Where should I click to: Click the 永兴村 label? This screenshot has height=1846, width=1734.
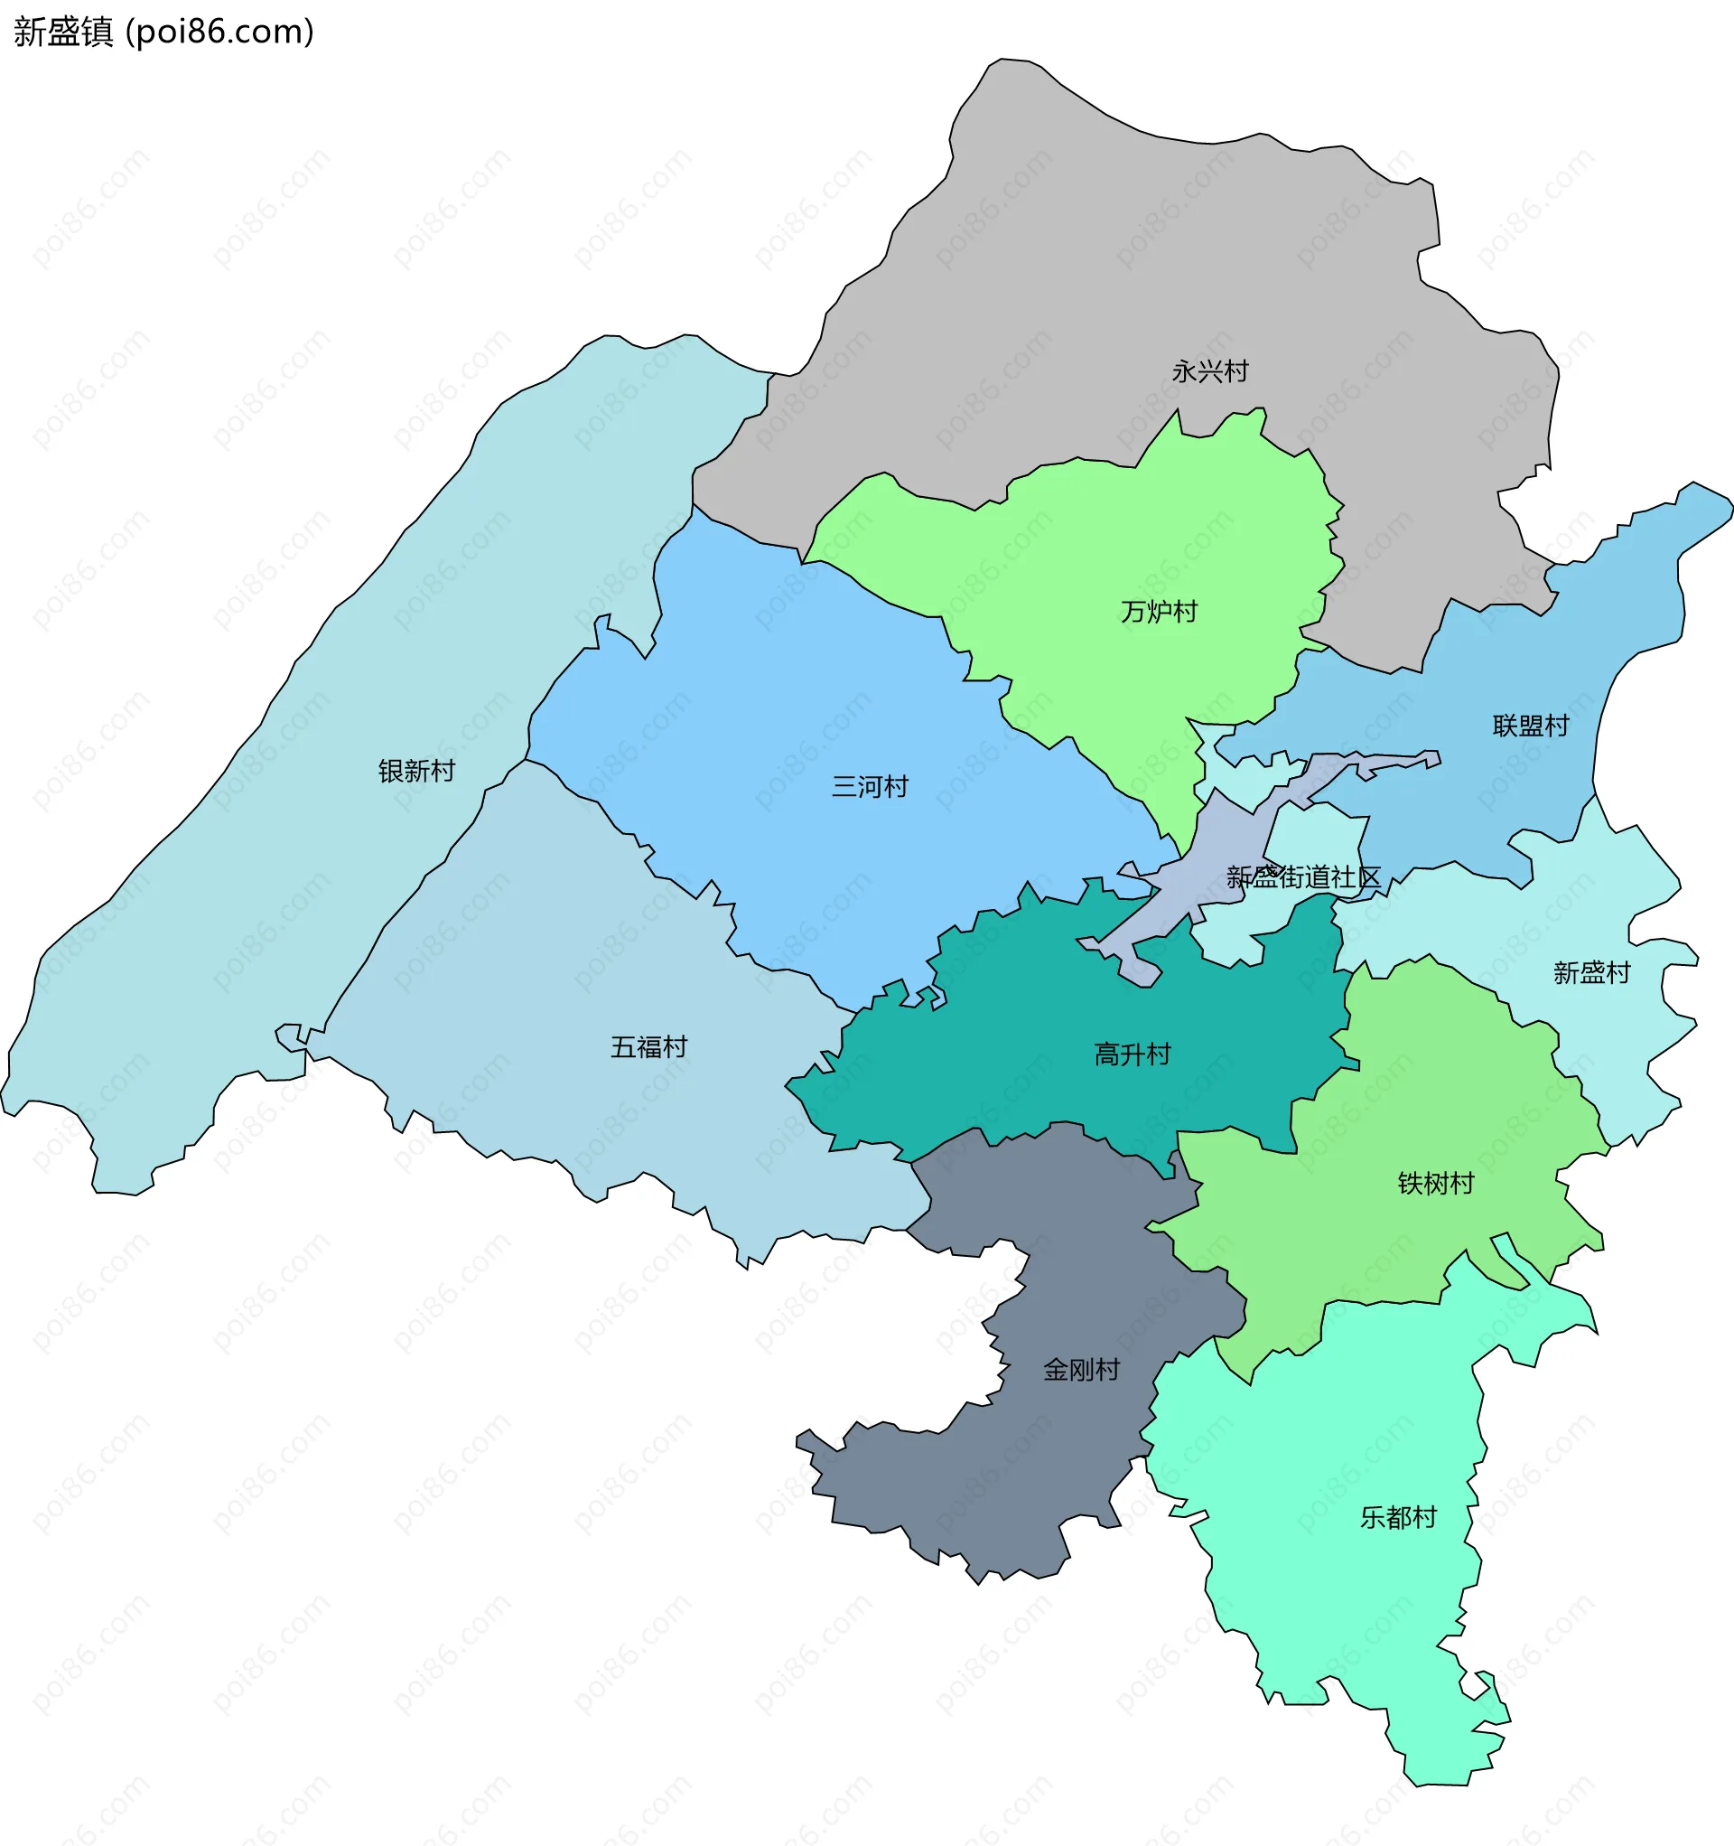pyautogui.click(x=1209, y=371)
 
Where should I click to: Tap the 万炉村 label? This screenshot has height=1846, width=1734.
pyautogui.click(x=1159, y=611)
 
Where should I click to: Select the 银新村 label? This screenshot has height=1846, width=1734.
pyautogui.click(x=415, y=771)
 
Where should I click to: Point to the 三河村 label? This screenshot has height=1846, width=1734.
pyautogui.click(x=869, y=786)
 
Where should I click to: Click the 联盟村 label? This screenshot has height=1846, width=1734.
pyautogui.click(x=1530, y=726)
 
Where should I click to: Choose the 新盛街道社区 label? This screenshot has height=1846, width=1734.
pyautogui.click(x=1302, y=876)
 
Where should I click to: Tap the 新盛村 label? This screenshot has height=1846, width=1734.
pyautogui.click(x=1591, y=972)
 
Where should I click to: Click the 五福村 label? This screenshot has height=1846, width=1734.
pyautogui.click(x=648, y=1046)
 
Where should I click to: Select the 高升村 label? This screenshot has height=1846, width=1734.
pyautogui.click(x=1132, y=1054)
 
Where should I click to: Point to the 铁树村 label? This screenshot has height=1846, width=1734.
pyautogui.click(x=1435, y=1183)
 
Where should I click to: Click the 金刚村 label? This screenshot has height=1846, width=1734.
pyautogui.click(x=1080, y=1370)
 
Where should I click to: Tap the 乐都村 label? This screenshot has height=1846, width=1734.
pyautogui.click(x=1397, y=1517)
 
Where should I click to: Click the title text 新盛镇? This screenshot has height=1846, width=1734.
pyautogui.click(x=63, y=33)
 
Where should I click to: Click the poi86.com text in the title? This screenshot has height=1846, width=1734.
pyautogui.click(x=220, y=33)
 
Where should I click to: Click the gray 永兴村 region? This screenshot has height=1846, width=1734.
pyautogui.click(x=1067, y=278)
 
